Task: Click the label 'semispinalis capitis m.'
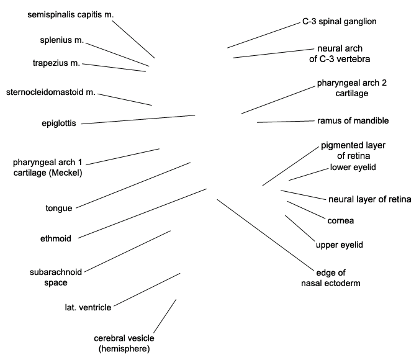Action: (71, 15)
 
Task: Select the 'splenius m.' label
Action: (61, 40)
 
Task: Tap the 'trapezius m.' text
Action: (56, 63)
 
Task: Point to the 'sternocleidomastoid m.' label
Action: (51, 92)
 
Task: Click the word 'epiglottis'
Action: (59, 124)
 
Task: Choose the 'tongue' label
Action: (59, 208)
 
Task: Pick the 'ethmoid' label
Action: (56, 238)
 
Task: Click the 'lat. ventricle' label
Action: (88, 307)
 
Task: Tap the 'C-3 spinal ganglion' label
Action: (340, 21)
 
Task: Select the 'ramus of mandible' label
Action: (353, 120)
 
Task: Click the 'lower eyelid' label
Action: (353, 168)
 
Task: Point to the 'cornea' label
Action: (341, 221)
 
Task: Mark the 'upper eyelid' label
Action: (340, 245)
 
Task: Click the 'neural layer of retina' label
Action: (370, 199)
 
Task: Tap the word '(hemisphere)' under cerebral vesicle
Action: (124, 349)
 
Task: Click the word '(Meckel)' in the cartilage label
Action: (65, 173)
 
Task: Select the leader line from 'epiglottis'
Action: (138, 119)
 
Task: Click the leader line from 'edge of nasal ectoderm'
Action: (265, 235)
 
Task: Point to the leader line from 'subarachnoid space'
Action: (127, 251)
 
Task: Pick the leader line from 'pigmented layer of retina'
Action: (291, 166)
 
